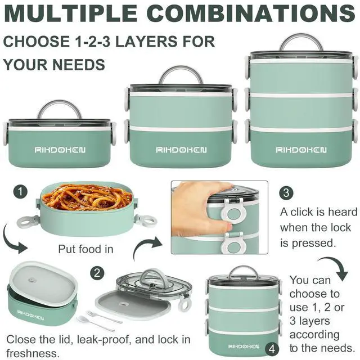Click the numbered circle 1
(20, 192)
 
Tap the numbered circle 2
(97, 273)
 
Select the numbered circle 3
(286, 192)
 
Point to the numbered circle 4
(272, 349)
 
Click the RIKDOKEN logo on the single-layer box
(60, 150)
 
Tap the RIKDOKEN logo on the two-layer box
(181, 150)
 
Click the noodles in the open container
(88, 197)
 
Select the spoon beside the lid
(95, 323)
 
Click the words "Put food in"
(85, 249)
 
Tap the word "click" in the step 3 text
(304, 212)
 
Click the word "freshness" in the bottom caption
(31, 353)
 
